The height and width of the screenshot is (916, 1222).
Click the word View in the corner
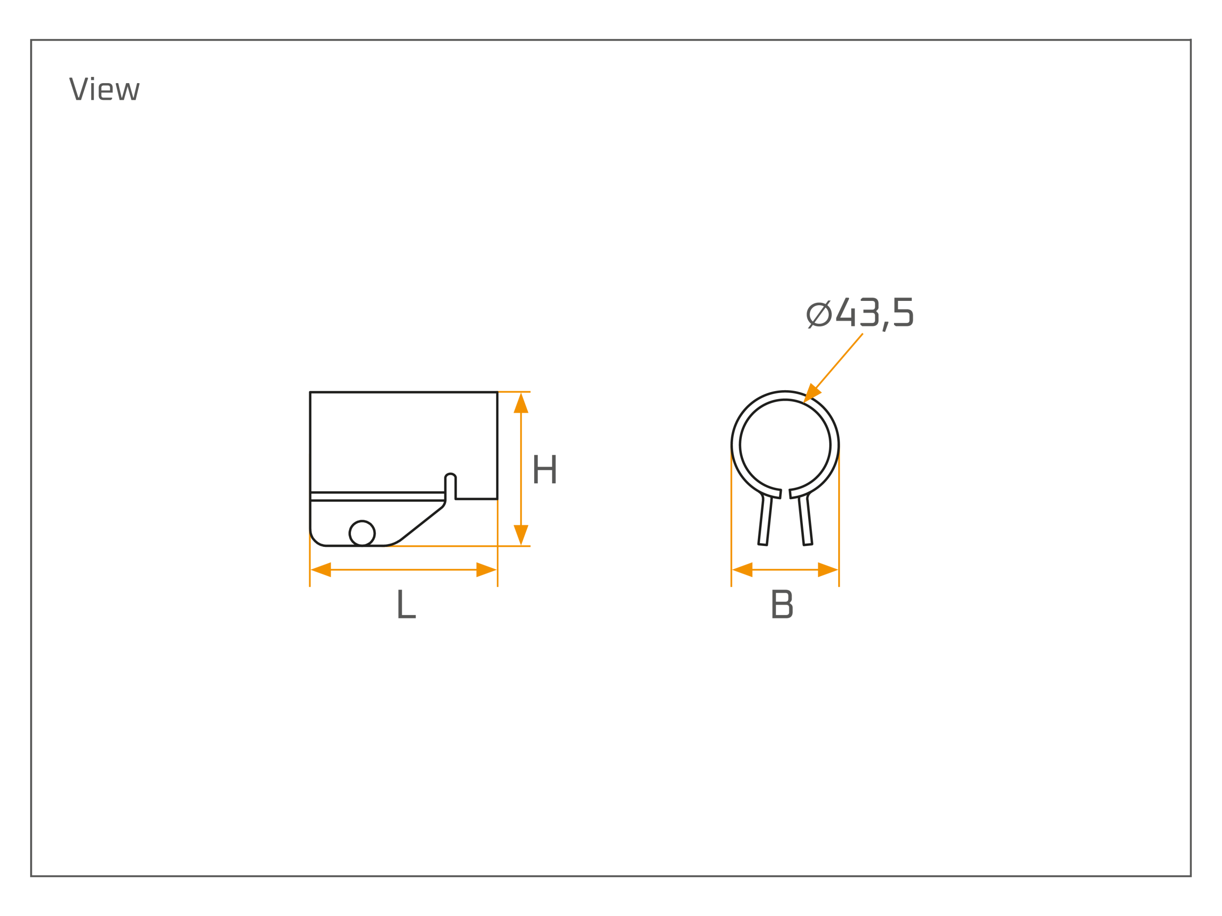point(105,88)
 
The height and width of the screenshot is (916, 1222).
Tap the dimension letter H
point(545,469)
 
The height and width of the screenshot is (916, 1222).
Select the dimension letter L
point(407,604)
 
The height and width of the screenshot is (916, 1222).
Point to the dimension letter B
point(782,604)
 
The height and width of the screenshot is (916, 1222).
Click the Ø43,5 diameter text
point(860,313)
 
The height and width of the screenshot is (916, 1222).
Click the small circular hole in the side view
point(362,533)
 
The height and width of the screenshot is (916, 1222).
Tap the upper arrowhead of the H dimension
point(521,403)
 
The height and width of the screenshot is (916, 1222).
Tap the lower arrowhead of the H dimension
point(521,535)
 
